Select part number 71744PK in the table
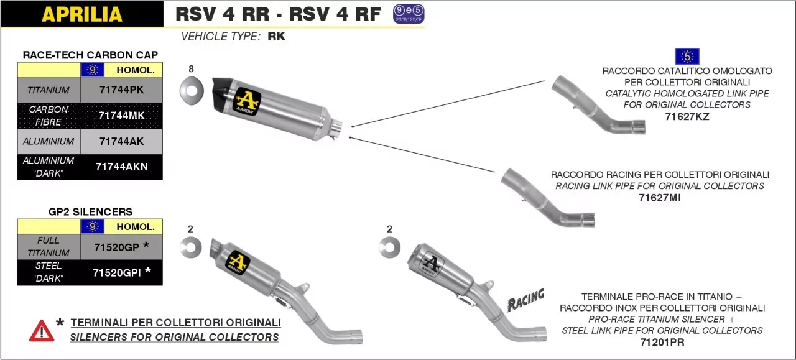[121, 90]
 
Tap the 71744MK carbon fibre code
[121, 116]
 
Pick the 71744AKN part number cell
[121, 167]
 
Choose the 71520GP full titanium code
[116, 247]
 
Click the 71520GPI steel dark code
[116, 272]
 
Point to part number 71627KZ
[687, 116]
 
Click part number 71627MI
[660, 198]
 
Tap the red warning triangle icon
[42, 330]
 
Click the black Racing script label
[525, 300]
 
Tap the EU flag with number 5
[687, 57]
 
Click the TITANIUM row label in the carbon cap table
[49, 90]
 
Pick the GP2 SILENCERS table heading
[90, 211]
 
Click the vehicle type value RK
[277, 37]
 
